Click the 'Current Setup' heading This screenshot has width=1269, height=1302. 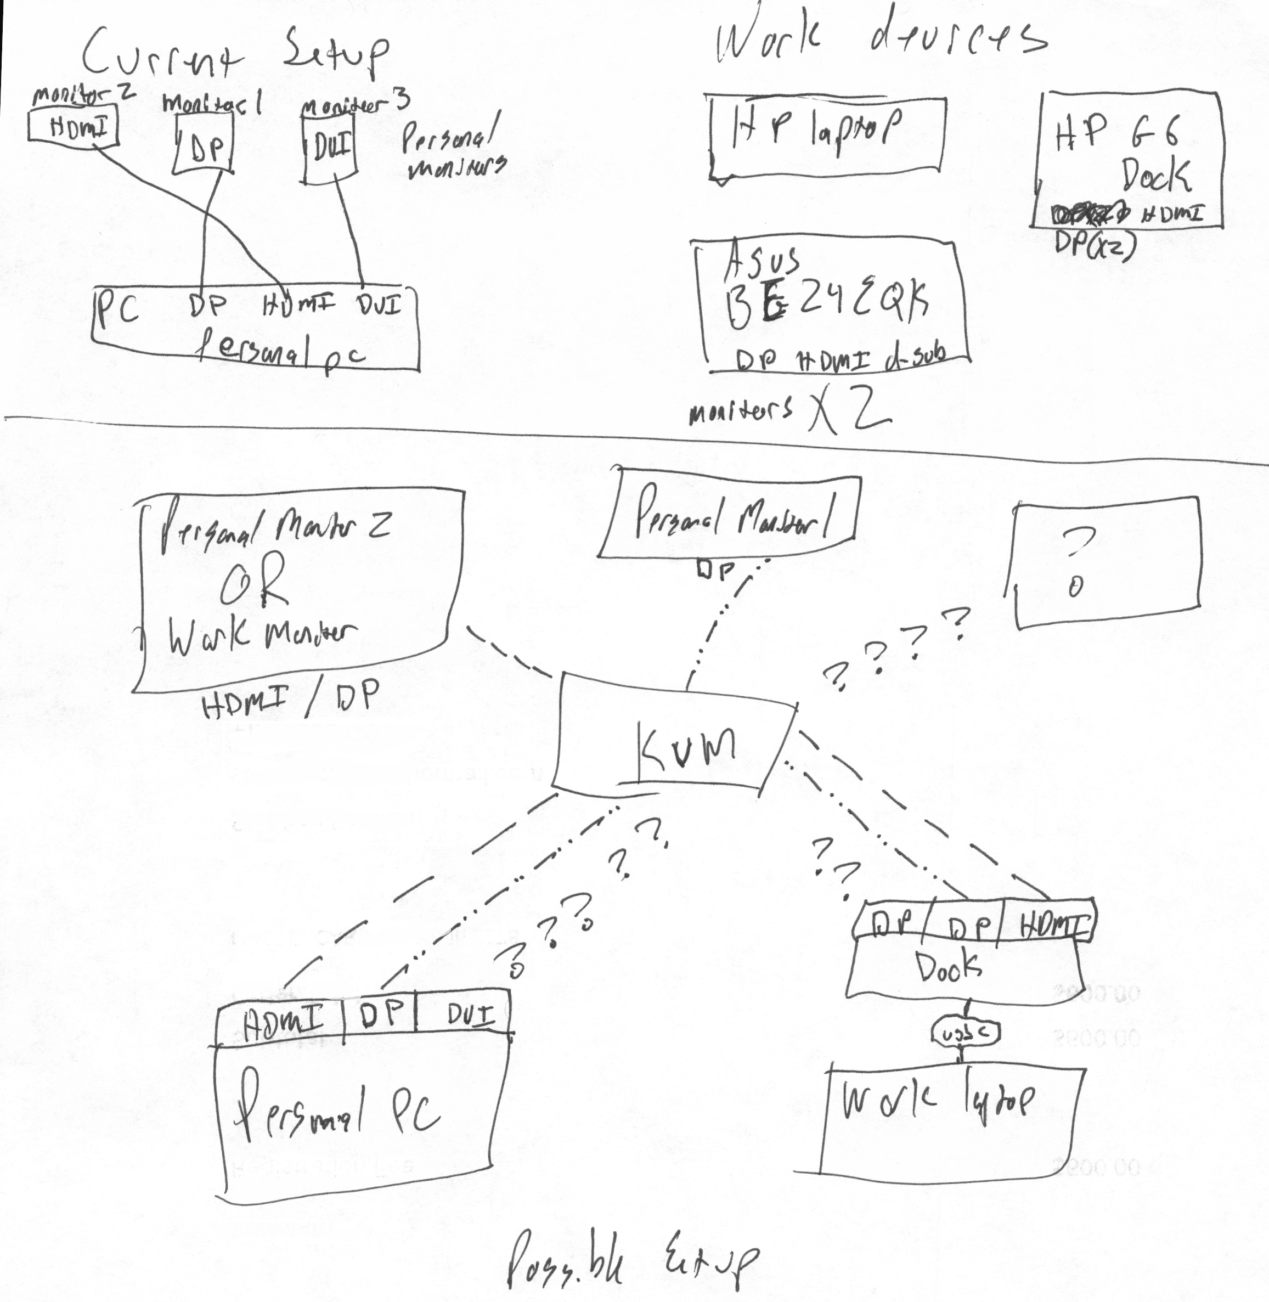[x=233, y=53]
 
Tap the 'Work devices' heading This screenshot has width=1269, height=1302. [x=880, y=40]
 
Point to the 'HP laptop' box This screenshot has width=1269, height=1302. [x=826, y=137]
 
